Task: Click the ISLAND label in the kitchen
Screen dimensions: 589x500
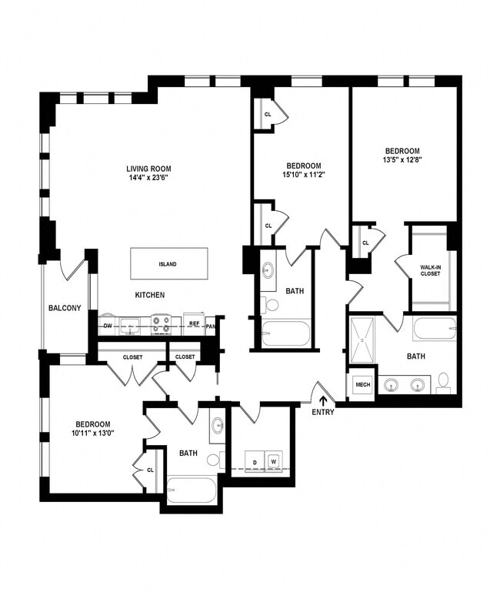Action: (168, 264)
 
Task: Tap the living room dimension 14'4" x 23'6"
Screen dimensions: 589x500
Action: (148, 178)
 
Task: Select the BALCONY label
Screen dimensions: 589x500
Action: (65, 309)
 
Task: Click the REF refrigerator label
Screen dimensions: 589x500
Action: (195, 324)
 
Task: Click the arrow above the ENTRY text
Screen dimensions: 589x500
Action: (323, 400)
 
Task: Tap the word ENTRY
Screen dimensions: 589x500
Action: (323, 413)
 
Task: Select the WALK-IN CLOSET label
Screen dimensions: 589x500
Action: (430, 270)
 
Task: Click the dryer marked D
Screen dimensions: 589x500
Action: (255, 462)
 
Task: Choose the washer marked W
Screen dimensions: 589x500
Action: (273, 462)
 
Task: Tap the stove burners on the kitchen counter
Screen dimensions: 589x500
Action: (161, 325)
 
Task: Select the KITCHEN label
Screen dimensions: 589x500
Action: (150, 295)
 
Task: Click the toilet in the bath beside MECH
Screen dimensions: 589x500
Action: (444, 382)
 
